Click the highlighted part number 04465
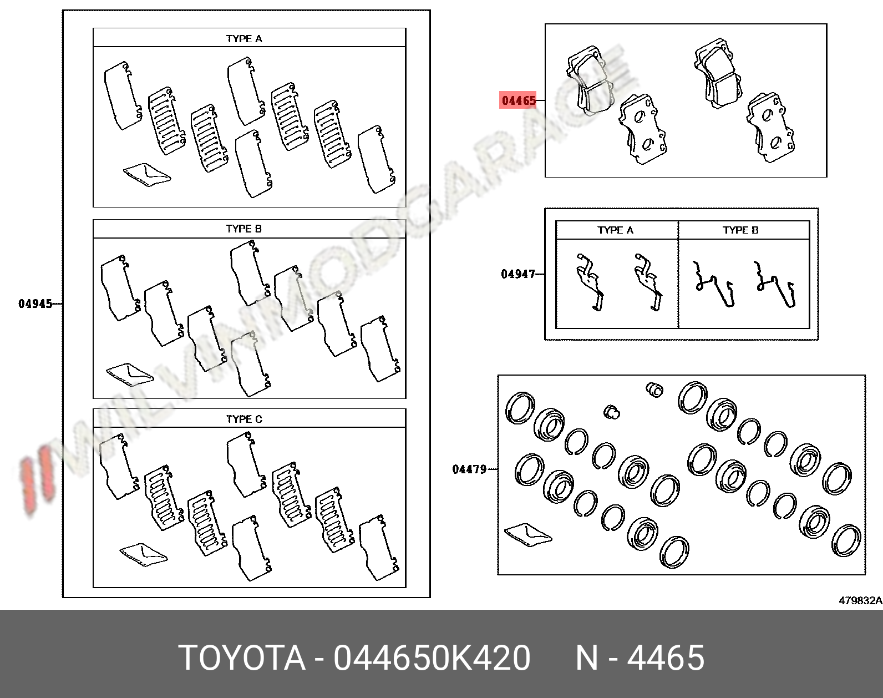tap(519, 100)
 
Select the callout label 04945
tap(35, 304)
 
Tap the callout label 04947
tap(518, 274)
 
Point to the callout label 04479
tap(469, 469)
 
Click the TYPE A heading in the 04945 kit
tap(244, 38)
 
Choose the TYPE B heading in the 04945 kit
tap(243, 229)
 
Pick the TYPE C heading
tap(244, 419)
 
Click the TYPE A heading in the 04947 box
tap(615, 230)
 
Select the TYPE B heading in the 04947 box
tap(740, 230)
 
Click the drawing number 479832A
tap(860, 600)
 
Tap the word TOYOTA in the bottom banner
tap(242, 659)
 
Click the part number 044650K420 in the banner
tap(432, 659)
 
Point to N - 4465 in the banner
tap(640, 659)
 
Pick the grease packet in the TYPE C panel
tap(144, 553)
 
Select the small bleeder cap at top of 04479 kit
tap(655, 390)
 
